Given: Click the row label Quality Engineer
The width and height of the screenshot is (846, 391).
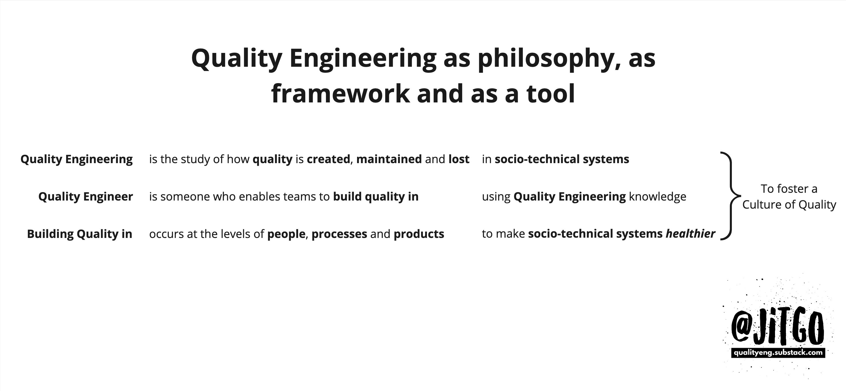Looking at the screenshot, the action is (x=85, y=197).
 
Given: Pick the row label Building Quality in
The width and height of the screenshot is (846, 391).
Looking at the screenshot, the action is (x=79, y=234).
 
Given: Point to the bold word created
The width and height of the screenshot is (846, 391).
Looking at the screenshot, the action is (x=328, y=159).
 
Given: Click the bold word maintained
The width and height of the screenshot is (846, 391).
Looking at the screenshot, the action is (x=389, y=159).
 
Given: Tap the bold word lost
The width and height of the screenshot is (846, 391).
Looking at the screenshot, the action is (x=459, y=159).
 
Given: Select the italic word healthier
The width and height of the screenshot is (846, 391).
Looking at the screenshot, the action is (x=690, y=234).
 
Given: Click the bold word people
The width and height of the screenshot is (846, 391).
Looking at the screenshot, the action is (x=286, y=234).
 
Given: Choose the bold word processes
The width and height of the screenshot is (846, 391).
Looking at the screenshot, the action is (x=339, y=234).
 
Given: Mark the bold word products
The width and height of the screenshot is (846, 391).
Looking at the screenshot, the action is (x=419, y=234).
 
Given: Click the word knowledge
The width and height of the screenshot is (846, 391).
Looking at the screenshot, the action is (x=657, y=197).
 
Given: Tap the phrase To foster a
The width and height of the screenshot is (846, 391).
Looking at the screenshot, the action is (x=789, y=189).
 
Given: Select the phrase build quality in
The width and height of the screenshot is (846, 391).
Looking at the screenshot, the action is (x=376, y=197).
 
